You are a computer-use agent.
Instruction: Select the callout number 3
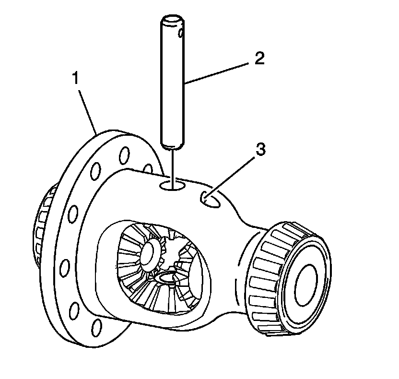[x=259, y=150]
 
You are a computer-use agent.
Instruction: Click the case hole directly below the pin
[x=172, y=184]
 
